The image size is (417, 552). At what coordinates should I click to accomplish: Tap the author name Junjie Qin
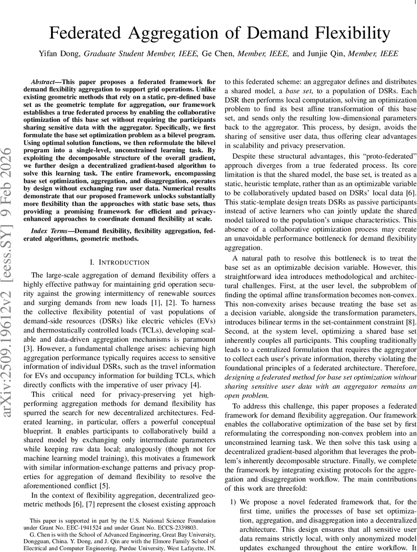[326, 54]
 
